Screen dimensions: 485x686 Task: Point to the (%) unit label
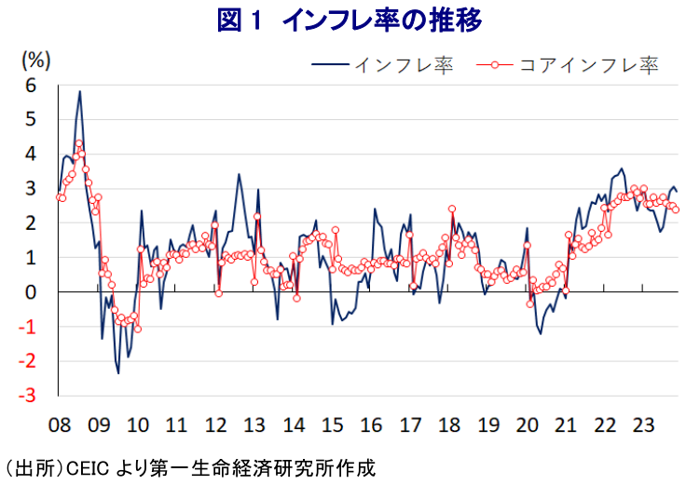coord(35,60)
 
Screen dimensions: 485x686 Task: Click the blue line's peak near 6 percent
coord(80,91)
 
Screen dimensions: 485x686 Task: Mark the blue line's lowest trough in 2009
coord(118,373)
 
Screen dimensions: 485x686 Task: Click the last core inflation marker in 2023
coord(676,209)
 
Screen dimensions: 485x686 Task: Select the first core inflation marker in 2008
coord(61,197)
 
